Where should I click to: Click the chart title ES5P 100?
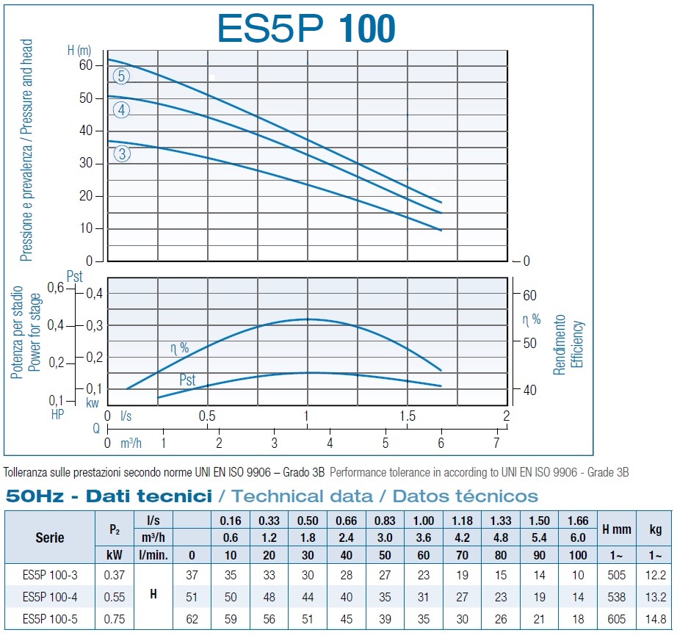tap(306, 27)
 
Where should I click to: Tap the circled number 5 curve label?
tap(122, 76)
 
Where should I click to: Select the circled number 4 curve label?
tap(122, 110)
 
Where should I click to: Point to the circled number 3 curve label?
tap(122, 153)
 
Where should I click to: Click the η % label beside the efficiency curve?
tap(179, 347)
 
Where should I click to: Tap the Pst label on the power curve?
tap(189, 380)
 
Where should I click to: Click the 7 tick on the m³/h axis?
tap(497, 443)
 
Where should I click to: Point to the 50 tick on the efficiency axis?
tap(530, 343)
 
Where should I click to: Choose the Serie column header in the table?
tap(50, 537)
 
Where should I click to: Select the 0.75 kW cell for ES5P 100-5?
tap(114, 619)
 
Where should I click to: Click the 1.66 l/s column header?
tap(577, 521)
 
